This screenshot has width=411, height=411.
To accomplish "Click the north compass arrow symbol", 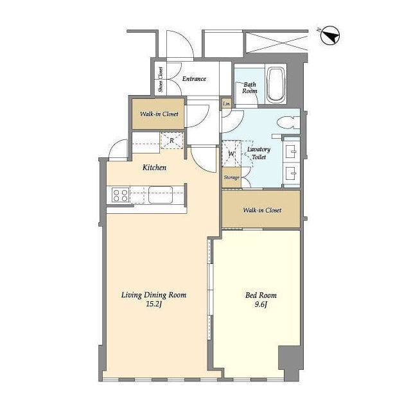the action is point(330,35).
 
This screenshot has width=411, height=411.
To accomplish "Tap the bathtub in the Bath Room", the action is point(276,84).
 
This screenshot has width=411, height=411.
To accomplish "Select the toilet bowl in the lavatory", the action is point(288,123).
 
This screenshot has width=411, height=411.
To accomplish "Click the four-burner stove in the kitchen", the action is point(120,195).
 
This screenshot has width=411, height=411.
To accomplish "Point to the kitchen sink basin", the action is point(161,195).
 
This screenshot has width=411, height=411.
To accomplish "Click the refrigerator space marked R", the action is point(171,141).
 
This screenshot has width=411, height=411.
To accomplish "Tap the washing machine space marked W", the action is point(231,153).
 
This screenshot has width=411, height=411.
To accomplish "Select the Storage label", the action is point(231,178).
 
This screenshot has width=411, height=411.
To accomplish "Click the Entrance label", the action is point(194,78).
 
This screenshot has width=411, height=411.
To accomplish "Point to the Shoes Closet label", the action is point(161,80).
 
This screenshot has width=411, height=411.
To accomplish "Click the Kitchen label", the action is point(154,168).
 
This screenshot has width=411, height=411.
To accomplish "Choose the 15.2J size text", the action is point(153,304).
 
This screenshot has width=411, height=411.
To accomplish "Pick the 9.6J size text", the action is point(261,304).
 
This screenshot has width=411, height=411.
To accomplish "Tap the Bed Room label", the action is point(261,295).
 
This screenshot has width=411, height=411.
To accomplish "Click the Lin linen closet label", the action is point(227,104).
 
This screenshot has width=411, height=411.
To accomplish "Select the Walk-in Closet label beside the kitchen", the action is point(159,114).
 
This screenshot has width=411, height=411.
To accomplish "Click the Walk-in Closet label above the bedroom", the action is point(262,210).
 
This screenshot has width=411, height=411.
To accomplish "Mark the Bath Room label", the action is point(250,88).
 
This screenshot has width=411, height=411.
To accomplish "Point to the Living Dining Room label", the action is point(153,295).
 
